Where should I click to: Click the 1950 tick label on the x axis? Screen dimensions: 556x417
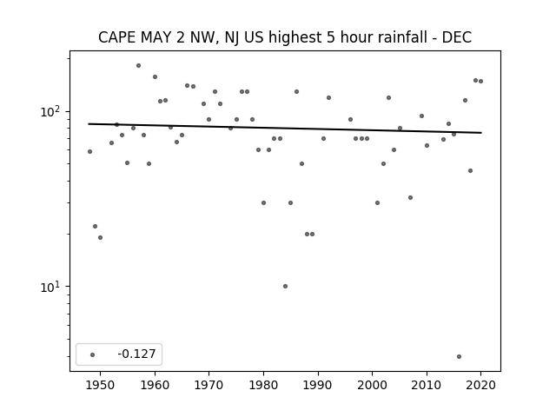[x=101, y=385]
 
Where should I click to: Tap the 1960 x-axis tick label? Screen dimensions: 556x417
[x=155, y=385]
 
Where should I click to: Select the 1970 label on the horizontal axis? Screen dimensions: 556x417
[x=209, y=385]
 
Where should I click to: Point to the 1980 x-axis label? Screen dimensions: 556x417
[x=263, y=385]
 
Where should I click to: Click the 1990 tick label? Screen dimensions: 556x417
[x=318, y=385]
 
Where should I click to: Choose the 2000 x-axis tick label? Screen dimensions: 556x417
[x=373, y=385]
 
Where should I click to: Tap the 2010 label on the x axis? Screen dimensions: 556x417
[x=427, y=385]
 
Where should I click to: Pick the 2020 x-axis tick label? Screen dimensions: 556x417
[x=480, y=385]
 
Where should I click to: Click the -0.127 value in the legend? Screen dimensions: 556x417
[x=136, y=354]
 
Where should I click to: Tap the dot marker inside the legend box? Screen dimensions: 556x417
[x=93, y=354]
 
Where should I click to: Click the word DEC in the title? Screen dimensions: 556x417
[x=456, y=37]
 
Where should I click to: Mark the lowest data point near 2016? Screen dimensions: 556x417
[x=460, y=356]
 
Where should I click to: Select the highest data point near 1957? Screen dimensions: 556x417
[x=138, y=66]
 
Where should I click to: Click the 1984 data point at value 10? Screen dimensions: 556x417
[x=285, y=286]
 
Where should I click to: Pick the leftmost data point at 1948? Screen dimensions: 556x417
[x=89, y=151]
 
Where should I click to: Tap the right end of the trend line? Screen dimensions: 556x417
[x=481, y=133]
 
